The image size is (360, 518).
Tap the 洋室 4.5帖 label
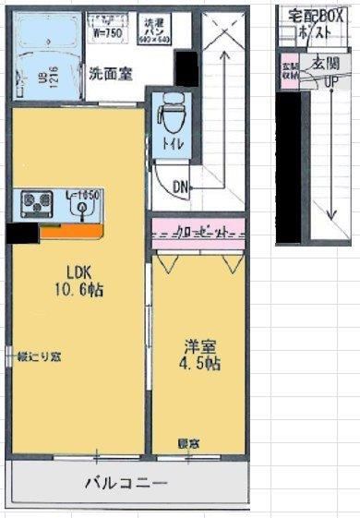(x=199, y=355)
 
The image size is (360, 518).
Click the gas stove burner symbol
(x=39, y=200)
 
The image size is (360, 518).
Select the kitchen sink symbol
(x=84, y=209)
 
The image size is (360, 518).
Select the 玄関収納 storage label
(x=289, y=72)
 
